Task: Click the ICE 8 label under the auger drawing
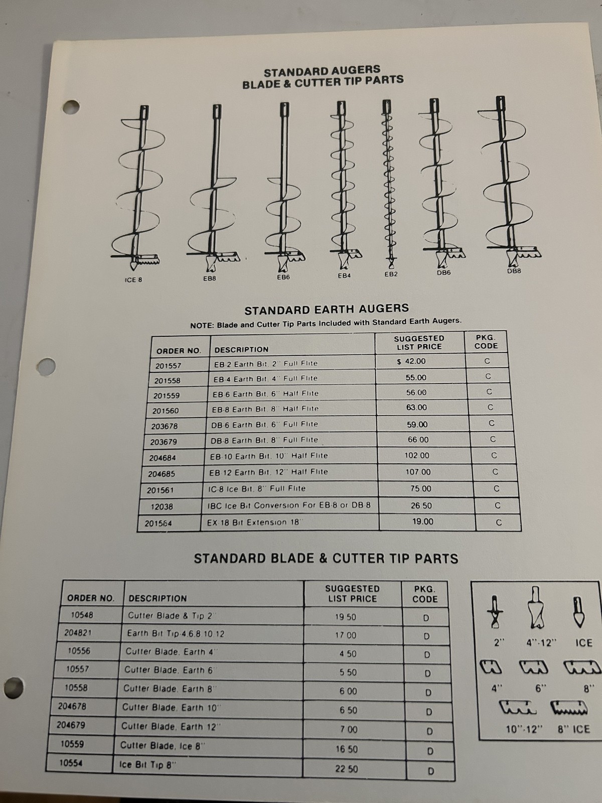[133, 280]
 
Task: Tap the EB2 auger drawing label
[391, 274]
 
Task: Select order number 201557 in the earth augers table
[168, 365]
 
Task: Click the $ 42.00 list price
[412, 361]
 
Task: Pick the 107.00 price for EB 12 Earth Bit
[417, 472]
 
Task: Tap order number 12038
[162, 506]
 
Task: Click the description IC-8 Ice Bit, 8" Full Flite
[257, 488]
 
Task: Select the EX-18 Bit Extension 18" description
[254, 522]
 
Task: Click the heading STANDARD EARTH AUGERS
[327, 309]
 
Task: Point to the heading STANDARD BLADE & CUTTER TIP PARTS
[326, 559]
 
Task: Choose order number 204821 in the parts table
[78, 633]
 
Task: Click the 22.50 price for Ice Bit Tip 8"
[347, 768]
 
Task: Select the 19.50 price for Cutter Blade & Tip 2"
[346, 617]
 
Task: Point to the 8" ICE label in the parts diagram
[573, 729]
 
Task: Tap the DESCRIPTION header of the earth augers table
[241, 349]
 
